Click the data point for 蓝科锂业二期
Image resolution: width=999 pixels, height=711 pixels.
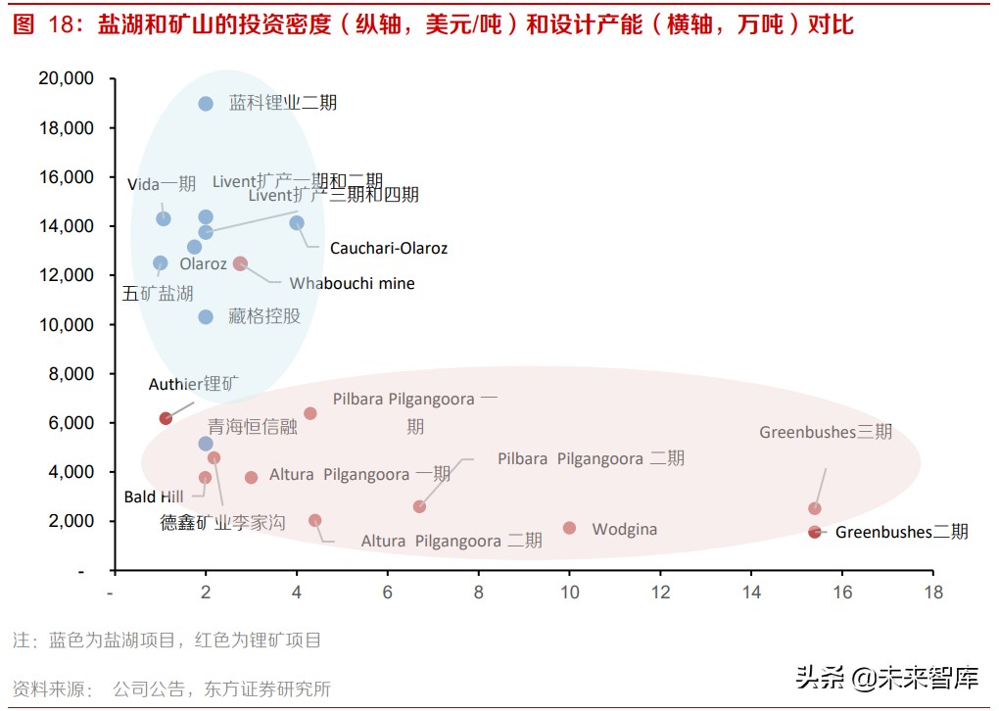pos(206,104)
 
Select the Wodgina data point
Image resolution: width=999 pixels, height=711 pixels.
pos(569,528)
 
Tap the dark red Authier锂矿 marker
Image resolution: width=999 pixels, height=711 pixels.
pos(166,418)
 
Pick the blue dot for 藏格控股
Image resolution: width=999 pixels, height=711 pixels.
pos(206,316)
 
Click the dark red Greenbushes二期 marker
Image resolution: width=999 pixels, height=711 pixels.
pos(815,532)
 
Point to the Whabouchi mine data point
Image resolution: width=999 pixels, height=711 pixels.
pos(240,263)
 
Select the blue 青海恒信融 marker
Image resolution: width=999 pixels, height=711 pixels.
pos(206,444)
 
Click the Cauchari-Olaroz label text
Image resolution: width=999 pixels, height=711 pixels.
pos(388,249)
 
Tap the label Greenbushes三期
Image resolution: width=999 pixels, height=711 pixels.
pos(826,432)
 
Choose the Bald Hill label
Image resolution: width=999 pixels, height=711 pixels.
pos(154,498)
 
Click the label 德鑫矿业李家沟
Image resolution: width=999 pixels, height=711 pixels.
pos(222,523)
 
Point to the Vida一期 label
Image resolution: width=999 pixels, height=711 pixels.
pos(162,184)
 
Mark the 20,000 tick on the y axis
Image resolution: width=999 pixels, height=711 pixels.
pos(66,78)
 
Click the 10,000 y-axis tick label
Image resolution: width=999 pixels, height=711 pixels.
pos(66,324)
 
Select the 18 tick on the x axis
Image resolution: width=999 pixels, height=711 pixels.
pos(932,592)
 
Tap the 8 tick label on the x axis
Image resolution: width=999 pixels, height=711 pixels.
pos(478,592)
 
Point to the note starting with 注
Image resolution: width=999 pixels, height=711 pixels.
pos(166,640)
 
